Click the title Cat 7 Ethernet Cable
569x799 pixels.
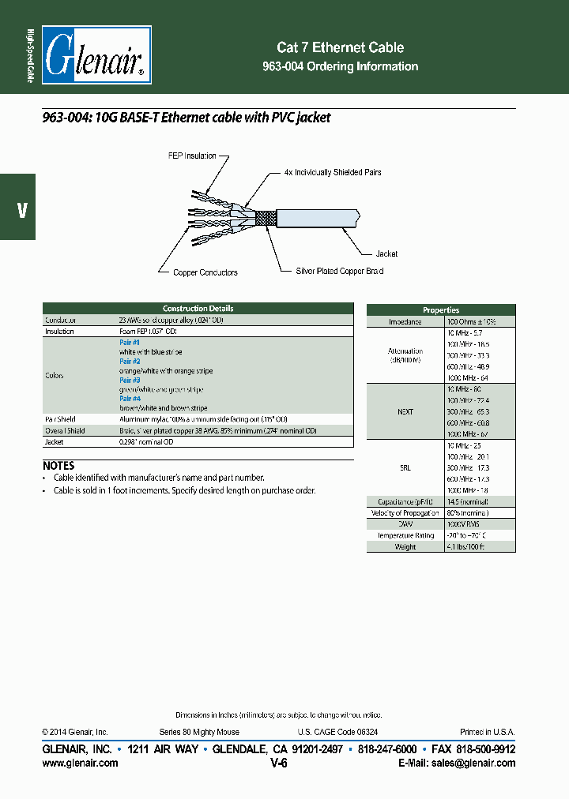pos(340,47)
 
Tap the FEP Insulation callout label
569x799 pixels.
pos(192,156)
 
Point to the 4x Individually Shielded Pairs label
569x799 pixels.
pos(333,172)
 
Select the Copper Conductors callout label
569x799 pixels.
pos(205,273)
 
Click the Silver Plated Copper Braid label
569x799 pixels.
pos(340,272)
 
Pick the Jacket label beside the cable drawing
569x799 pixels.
pos(386,254)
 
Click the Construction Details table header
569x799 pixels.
pos(198,309)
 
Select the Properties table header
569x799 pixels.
pos(441,310)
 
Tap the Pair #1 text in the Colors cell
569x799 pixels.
pos(130,343)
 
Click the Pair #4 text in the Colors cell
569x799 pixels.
pos(130,399)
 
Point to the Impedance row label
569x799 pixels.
pos(405,322)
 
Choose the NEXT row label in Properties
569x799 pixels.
pos(405,412)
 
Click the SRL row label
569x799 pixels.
pos(405,468)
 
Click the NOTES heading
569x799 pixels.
pos(58,466)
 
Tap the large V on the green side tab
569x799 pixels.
pos(21,210)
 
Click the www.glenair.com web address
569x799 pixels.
pos(80,763)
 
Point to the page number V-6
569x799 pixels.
pos(278,763)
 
